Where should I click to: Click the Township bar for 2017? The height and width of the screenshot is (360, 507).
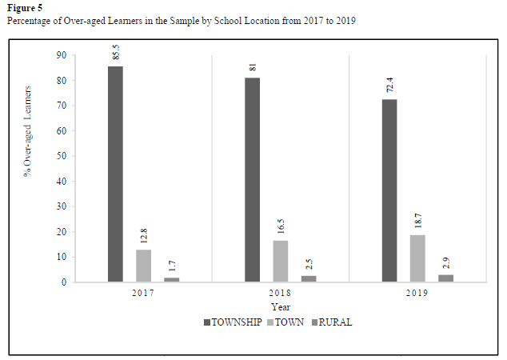point(116,174)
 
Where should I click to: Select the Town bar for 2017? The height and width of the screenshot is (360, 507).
point(144,266)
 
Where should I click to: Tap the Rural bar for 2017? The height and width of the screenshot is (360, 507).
point(172,279)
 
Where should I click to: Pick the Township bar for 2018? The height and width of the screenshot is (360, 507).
point(252,179)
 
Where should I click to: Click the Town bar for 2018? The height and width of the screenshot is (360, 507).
point(280,261)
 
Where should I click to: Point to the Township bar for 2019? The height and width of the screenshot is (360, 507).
point(389,190)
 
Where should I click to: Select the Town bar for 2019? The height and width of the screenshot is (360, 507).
point(417,258)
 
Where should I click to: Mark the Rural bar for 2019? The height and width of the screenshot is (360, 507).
point(445,278)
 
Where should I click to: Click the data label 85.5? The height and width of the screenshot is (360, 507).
point(116,52)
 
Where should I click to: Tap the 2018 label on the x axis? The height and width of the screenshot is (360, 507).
point(280,294)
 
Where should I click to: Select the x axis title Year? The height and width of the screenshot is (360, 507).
point(281,307)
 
